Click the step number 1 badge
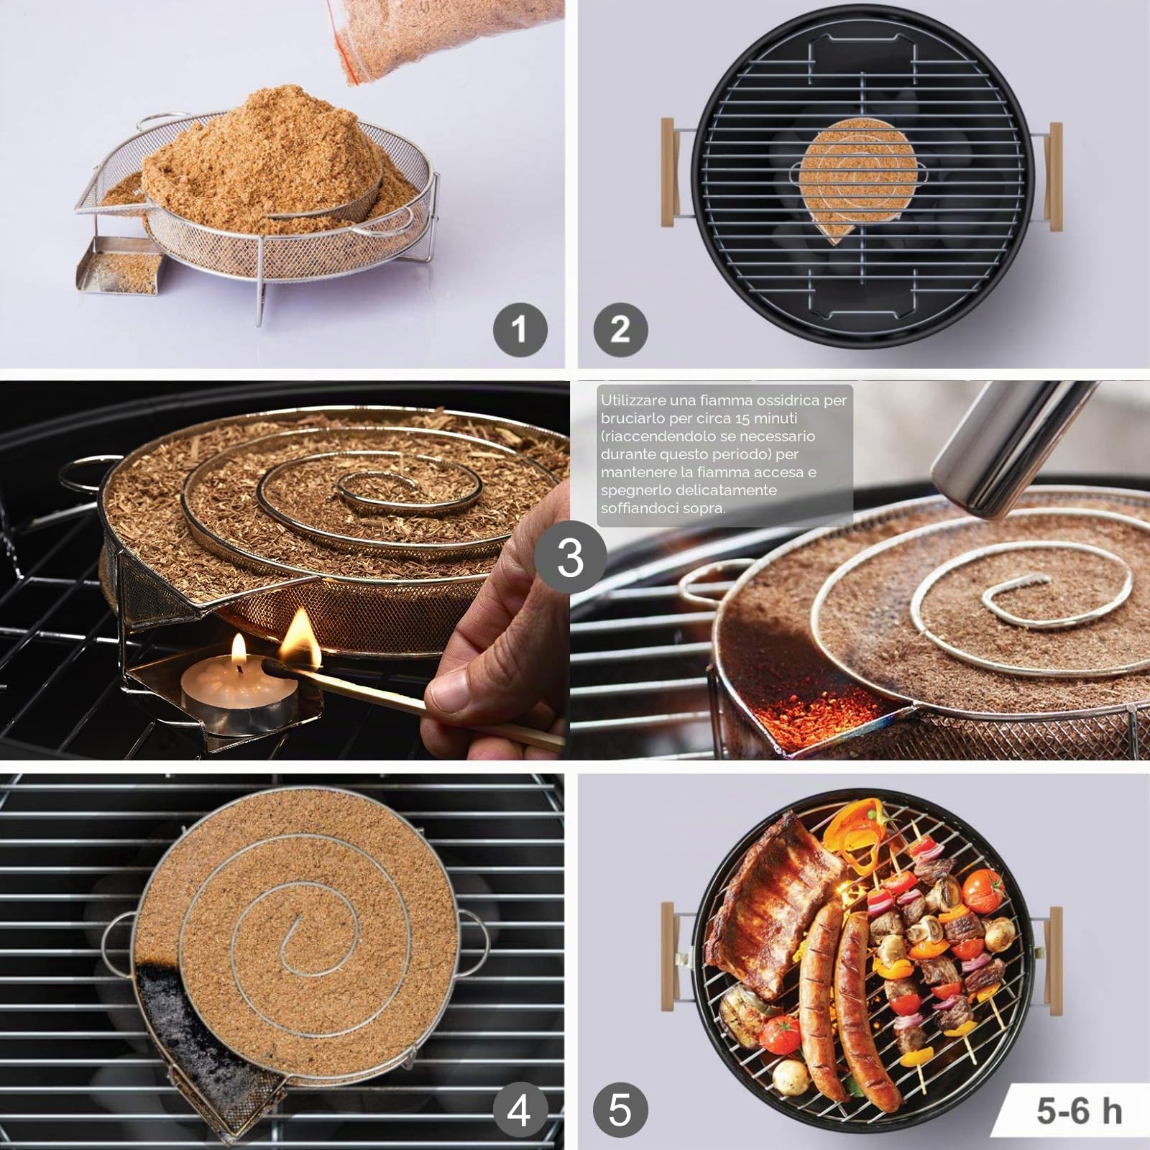coord(520,330)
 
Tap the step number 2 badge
coord(620,330)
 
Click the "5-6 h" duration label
coord(1079,1111)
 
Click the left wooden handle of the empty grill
coord(668,173)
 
